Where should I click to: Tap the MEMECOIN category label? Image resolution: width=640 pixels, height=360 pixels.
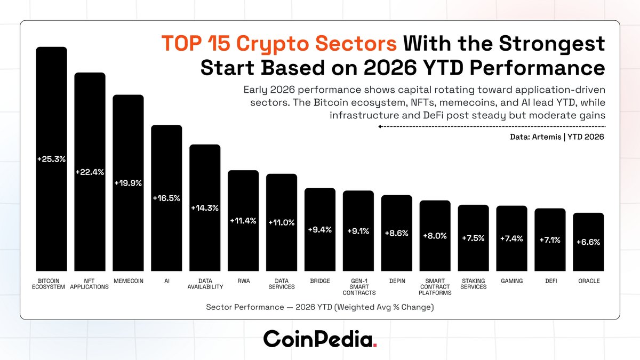128,281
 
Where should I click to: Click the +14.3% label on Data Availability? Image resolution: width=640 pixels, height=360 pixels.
205,208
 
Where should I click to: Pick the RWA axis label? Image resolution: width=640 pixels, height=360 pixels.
243,281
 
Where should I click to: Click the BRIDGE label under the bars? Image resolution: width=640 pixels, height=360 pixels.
320,281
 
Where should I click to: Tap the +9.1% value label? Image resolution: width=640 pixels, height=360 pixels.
358,231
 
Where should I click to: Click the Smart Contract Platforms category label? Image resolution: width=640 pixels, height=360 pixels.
435,286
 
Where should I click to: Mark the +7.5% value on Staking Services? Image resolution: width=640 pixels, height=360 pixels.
474,238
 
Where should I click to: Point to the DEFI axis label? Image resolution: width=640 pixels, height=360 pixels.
550,281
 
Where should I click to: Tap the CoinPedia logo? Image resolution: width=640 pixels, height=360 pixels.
320,338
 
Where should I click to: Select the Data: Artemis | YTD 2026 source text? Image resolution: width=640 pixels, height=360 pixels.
557,137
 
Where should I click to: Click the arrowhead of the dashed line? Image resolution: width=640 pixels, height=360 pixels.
380,126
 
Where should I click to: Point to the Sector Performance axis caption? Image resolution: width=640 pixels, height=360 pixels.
320,307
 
